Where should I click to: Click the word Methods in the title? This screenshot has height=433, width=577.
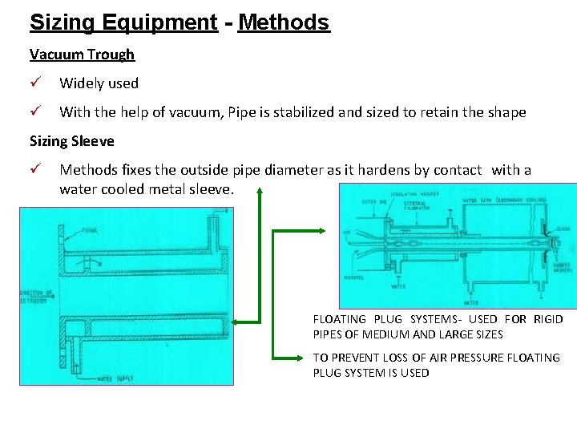click(284, 22)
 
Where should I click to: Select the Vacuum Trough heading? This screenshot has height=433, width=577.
click(82, 55)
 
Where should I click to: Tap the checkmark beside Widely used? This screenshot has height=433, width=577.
click(35, 83)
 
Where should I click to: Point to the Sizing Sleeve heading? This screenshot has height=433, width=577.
click(72, 141)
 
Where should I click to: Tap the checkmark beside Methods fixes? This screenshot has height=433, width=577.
click(35, 170)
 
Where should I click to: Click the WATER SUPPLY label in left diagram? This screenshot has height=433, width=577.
click(116, 376)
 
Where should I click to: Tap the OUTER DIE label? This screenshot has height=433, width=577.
click(372, 201)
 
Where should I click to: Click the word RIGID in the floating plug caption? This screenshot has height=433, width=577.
click(548, 319)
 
